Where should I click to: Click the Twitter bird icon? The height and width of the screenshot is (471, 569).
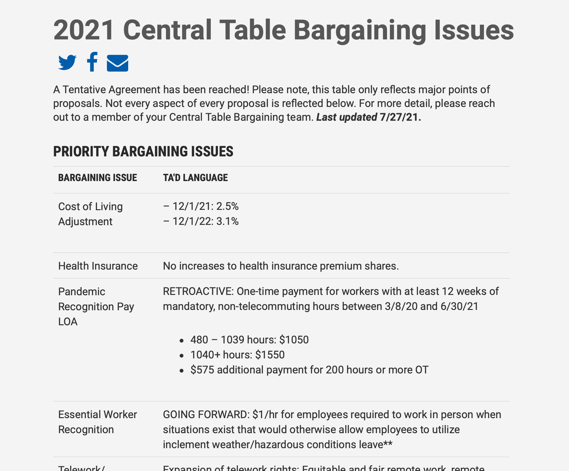click(67, 63)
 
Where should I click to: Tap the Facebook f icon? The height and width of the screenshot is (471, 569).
click(92, 62)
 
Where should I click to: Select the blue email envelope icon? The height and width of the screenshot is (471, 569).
click(118, 63)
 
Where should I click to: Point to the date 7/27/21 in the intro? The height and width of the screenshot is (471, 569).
click(400, 117)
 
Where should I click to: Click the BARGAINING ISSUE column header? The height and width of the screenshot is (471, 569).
click(98, 178)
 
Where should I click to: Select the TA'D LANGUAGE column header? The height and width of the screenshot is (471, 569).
click(195, 178)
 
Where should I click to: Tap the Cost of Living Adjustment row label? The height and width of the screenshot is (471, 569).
click(91, 214)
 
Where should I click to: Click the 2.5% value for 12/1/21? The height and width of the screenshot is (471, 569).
click(227, 206)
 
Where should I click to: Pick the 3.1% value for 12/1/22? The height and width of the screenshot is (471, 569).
click(227, 221)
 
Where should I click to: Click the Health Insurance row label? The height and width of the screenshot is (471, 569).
click(98, 266)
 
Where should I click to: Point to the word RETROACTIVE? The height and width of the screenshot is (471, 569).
click(198, 291)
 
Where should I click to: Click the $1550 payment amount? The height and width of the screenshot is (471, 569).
click(270, 355)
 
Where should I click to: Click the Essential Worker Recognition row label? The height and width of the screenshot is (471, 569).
click(98, 422)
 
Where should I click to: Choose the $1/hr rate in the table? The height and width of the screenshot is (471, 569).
click(265, 415)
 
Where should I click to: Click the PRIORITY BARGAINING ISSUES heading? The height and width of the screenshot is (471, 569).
click(143, 152)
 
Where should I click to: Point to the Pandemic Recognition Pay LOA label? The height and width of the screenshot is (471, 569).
click(96, 306)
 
